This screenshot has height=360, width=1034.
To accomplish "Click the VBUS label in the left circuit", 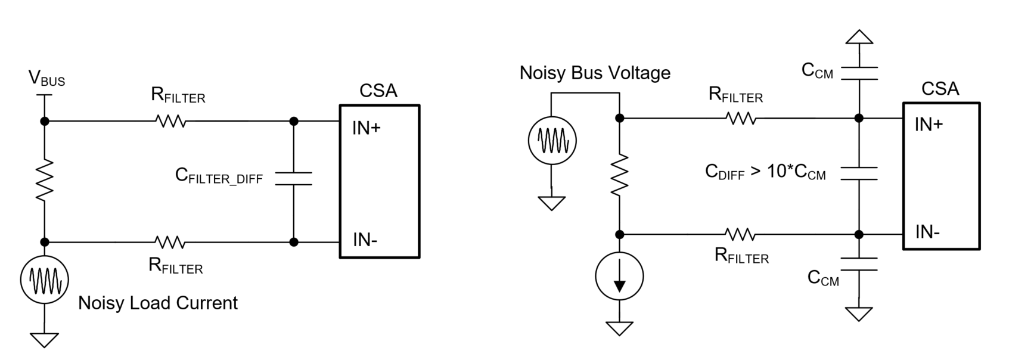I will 46,79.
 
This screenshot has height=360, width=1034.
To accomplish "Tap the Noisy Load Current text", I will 158,303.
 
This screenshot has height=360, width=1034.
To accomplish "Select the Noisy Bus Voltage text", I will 595,73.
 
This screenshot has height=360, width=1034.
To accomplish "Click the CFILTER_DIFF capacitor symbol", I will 294,178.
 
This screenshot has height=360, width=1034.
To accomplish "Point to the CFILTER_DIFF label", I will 219,176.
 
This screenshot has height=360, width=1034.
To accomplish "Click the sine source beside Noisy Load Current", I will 45,280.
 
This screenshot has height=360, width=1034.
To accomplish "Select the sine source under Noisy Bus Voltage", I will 552,141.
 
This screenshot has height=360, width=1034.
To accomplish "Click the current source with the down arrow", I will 620,277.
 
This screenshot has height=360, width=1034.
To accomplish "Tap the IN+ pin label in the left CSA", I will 366,128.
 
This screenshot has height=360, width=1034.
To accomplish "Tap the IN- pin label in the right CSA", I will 927,232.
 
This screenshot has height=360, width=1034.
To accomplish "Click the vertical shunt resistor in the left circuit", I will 45,179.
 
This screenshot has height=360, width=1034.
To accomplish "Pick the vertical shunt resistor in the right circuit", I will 620,174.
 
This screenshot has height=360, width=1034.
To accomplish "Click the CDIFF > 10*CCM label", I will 765,172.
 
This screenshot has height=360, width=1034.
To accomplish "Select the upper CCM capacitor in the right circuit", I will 859,73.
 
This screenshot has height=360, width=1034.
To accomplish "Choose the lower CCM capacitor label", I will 823,278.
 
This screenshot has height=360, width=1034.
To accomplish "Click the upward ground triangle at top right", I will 859,38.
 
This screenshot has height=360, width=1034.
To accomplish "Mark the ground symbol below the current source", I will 620,327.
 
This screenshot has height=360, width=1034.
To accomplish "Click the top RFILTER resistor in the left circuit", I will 170,122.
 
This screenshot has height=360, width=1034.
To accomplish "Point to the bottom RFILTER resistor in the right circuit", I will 741,234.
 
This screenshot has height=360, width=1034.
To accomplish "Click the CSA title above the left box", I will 378,91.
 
